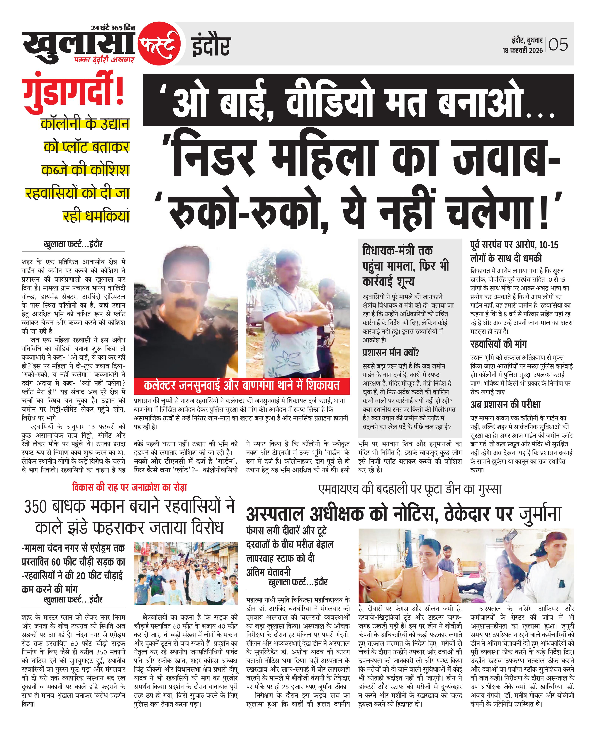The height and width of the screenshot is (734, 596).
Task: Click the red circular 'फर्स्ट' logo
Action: click(x=160, y=44)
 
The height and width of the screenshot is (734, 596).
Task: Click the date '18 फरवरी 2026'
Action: click(x=522, y=50)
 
